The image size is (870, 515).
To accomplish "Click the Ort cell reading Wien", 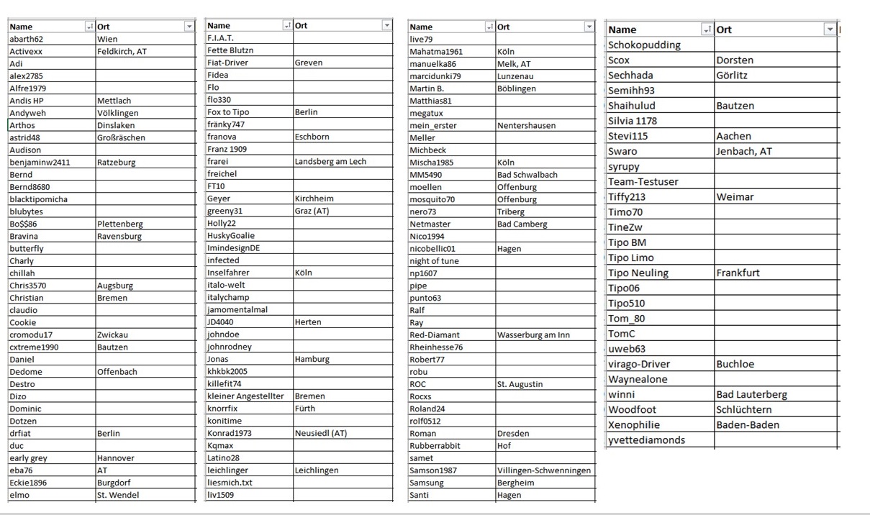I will coord(107,39).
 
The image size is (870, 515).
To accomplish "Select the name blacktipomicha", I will coord(38,199).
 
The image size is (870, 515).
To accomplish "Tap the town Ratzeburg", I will coord(116,163).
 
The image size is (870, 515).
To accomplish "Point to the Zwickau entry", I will coord(113,334).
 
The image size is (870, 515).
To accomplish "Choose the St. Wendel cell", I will coord(118,495).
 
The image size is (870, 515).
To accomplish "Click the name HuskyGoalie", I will coord(230,235).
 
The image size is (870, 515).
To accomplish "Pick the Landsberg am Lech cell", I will coord(330,161).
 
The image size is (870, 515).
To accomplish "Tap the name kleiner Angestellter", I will coord(245,396).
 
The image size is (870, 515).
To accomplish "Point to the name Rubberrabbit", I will coord(435,445).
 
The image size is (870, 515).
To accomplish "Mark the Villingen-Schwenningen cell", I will coord(544,470).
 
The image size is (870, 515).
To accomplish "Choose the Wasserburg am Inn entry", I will coord(533,334).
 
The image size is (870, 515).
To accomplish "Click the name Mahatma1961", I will coord(436,52).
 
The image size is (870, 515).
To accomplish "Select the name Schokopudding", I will coord(644,45).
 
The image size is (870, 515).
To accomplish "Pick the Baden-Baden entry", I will coord(748,424).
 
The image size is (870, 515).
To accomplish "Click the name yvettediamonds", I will coord(646,439).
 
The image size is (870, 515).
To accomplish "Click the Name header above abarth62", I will coord(22,27).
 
